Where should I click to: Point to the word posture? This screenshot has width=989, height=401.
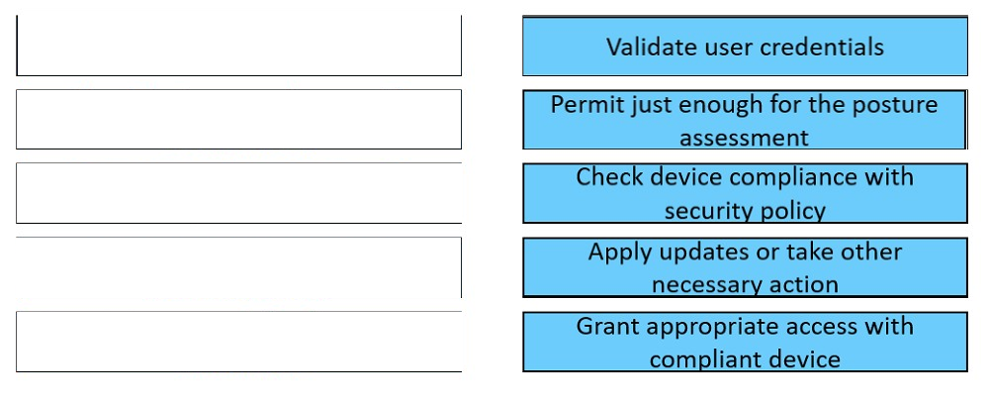point(896,106)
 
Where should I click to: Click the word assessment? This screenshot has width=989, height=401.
point(745,137)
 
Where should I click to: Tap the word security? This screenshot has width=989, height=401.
point(704,211)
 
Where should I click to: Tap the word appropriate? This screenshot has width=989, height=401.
point(715,328)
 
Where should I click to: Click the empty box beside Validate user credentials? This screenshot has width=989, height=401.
point(239,46)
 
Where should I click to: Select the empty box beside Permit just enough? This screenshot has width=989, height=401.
point(239,120)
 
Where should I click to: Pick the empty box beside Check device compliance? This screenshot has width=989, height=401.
point(239,193)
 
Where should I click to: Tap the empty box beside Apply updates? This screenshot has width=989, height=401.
point(239,267)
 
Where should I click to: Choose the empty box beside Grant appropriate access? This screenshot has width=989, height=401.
point(239,342)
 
